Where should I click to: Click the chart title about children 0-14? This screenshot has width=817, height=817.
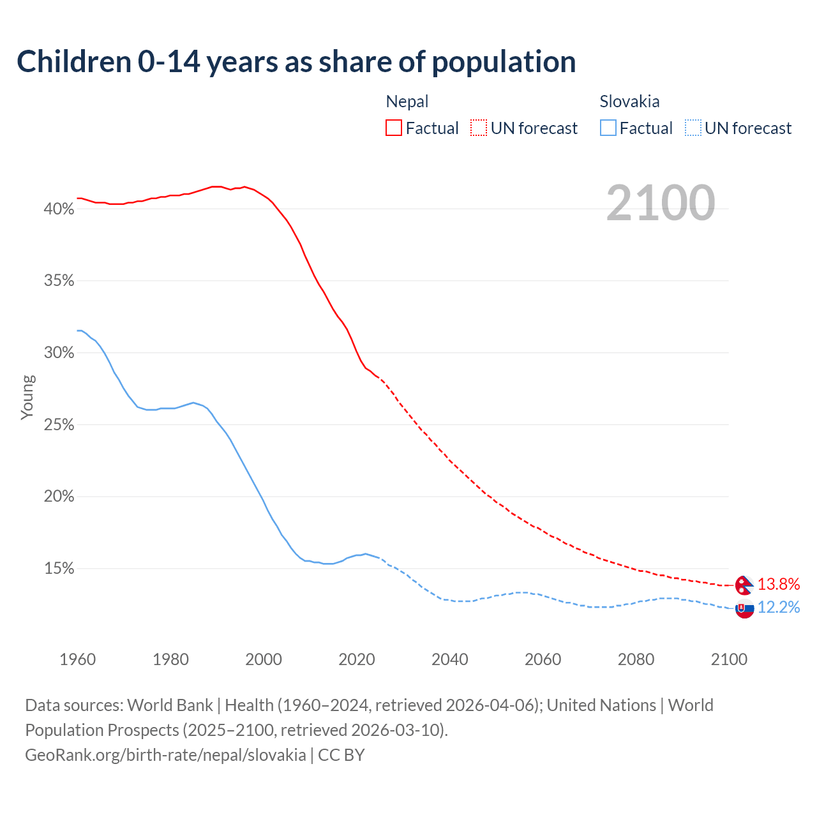tap(296, 62)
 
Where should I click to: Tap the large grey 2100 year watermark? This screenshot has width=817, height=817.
tap(661, 203)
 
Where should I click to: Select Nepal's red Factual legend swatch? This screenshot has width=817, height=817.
tap(394, 128)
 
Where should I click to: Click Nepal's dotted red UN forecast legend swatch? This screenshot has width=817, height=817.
tap(479, 128)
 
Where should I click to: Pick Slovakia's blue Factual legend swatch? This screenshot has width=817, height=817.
tap(608, 128)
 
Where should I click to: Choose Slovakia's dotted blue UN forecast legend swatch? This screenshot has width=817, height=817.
tap(693, 128)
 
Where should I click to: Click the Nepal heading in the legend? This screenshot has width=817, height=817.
tap(407, 101)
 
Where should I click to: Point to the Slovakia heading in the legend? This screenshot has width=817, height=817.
tap(629, 101)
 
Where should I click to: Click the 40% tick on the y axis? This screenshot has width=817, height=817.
tap(59, 209)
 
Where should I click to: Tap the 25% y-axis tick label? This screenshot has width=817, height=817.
tap(59, 425)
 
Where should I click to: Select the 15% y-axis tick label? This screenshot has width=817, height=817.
tap(59, 569)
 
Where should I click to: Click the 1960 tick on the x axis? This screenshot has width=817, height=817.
tap(77, 659)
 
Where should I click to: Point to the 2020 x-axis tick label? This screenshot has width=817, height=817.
tap(357, 659)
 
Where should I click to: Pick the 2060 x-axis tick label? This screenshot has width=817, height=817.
tap(543, 659)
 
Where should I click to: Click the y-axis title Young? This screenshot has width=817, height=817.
tap(27, 397)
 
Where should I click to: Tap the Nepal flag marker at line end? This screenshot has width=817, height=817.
tap(744, 585)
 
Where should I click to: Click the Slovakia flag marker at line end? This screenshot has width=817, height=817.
tap(744, 609)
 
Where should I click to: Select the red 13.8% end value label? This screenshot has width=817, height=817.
tap(779, 584)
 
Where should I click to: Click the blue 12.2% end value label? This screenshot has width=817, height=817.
tap(779, 607)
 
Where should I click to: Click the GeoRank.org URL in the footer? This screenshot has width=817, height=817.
tap(165, 754)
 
